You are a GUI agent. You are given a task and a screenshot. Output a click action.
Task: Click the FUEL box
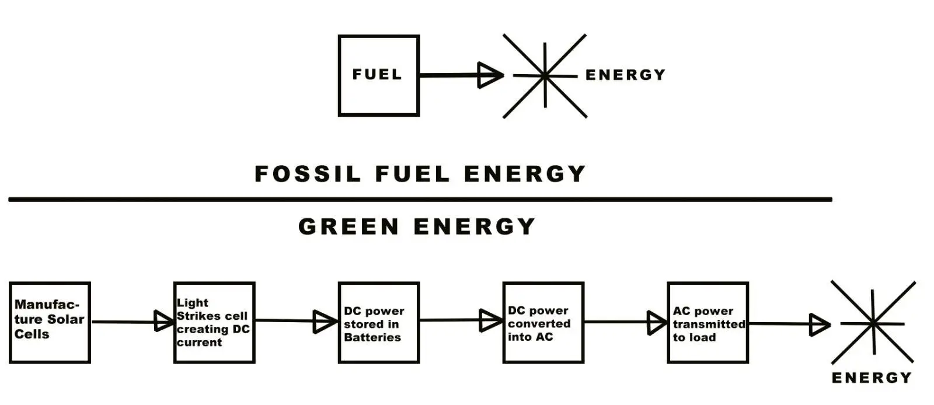click(379, 76)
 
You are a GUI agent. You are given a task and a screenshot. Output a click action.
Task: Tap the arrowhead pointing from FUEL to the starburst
click(489, 75)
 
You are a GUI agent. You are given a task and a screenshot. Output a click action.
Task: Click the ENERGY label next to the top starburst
click(625, 75)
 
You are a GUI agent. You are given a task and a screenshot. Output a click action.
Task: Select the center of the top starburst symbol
click(545, 75)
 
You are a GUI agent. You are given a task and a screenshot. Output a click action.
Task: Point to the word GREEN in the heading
click(348, 226)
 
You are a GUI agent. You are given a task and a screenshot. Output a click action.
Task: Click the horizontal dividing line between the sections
click(420, 200)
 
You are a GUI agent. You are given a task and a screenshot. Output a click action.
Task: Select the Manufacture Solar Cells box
click(50, 323)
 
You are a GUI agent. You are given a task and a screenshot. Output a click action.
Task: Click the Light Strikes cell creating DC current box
click(214, 323)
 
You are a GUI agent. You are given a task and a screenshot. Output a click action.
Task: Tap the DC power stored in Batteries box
click(379, 323)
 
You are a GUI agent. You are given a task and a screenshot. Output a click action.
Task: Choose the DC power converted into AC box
click(543, 323)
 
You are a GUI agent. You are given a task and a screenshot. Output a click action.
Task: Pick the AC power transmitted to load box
click(708, 323)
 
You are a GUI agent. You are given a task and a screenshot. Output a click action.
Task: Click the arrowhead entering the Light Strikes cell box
click(163, 321)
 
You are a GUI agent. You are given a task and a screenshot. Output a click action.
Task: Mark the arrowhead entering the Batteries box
click(324, 322)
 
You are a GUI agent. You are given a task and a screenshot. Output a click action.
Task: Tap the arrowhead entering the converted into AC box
click(489, 320)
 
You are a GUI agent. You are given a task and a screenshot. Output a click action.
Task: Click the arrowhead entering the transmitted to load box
click(656, 323)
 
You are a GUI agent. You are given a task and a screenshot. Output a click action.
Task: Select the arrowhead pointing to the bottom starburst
click(818, 324)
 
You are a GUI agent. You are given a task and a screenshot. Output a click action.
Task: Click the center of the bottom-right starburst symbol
click(873, 323)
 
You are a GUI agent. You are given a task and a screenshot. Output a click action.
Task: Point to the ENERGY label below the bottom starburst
click(872, 378)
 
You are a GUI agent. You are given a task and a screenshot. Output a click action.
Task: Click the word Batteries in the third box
click(372, 337)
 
